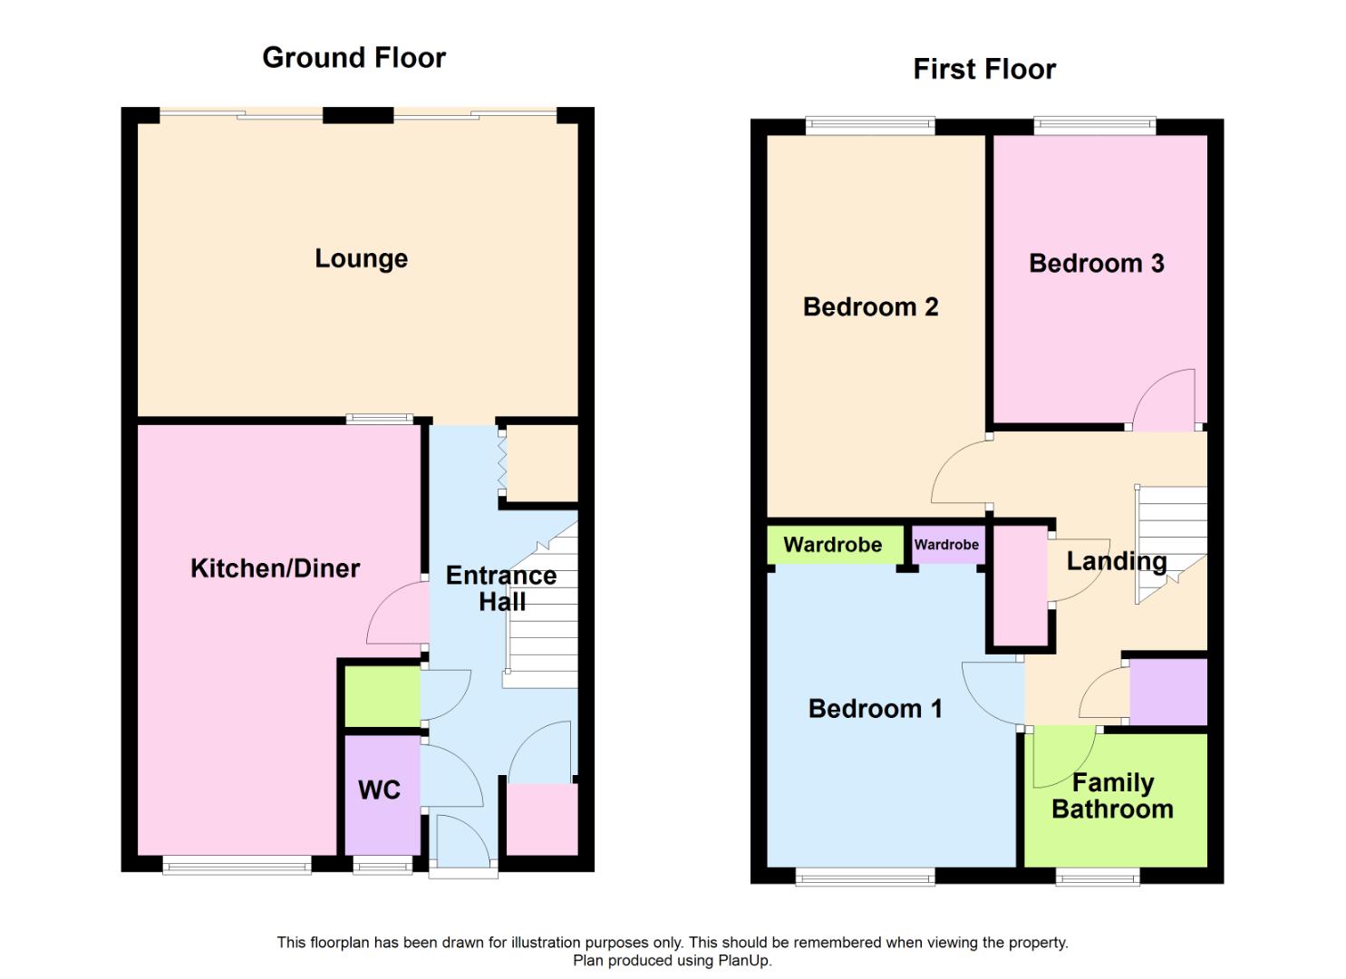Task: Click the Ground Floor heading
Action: (353, 58)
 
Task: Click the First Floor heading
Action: (984, 70)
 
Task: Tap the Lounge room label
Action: (361, 259)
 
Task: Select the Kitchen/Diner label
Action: (275, 568)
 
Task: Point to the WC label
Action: (379, 790)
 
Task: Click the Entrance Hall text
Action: (501, 588)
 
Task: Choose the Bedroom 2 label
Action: (870, 307)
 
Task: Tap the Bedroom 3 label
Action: (1096, 264)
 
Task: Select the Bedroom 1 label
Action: (875, 709)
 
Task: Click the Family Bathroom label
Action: (1112, 796)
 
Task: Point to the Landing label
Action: (1116, 562)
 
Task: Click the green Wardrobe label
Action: (832, 545)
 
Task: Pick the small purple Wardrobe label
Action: (946, 545)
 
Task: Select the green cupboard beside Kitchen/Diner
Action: (382, 696)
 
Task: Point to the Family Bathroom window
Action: (1098, 876)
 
